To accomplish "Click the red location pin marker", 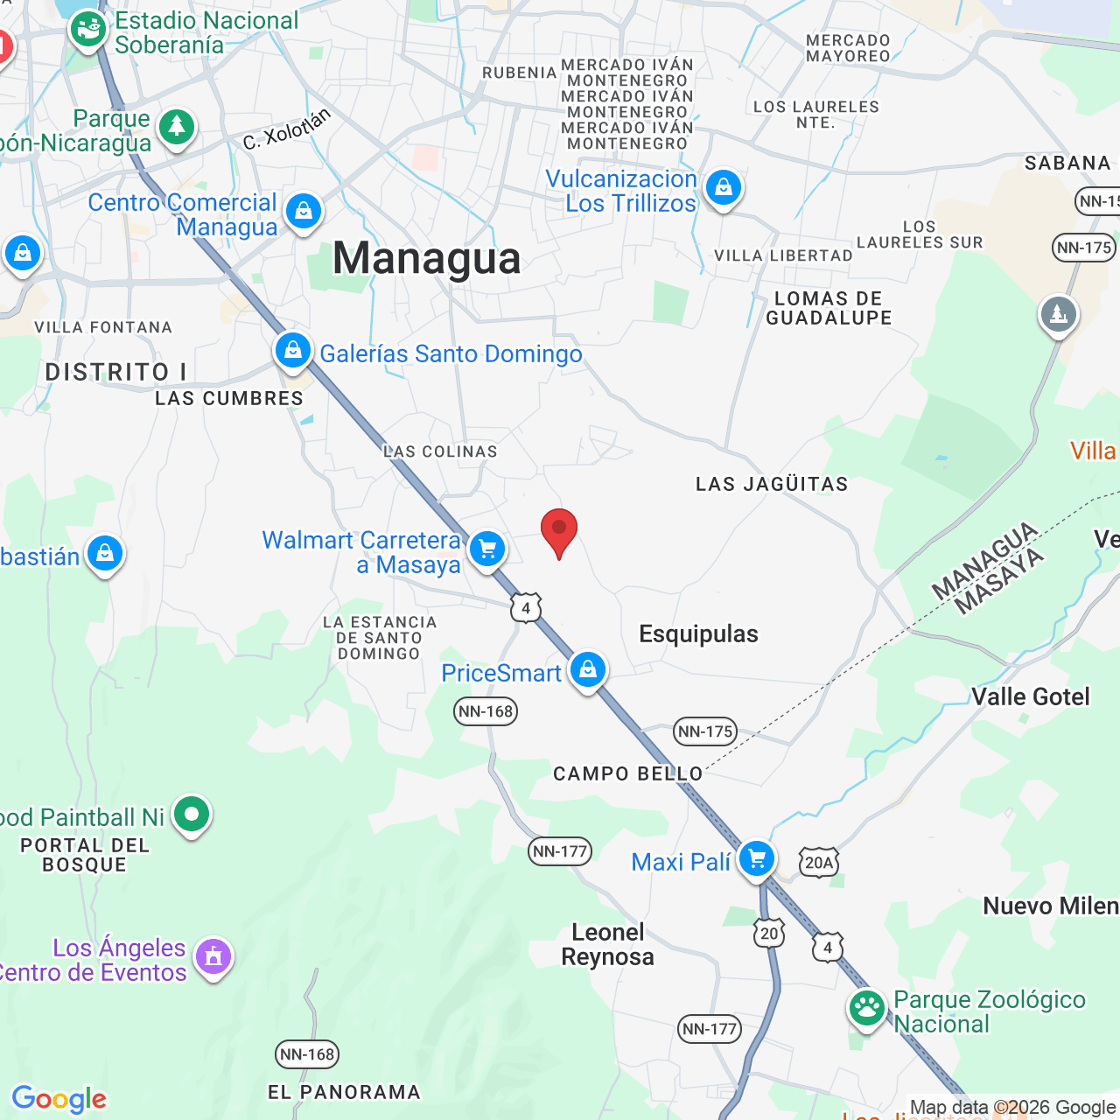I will tap(559, 531).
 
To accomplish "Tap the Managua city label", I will tap(427, 258).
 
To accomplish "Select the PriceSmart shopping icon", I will tap(588, 670).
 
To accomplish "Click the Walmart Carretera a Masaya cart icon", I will tap(487, 549).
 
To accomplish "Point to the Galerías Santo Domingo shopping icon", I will tap(293, 351).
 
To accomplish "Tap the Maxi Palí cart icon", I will tap(757, 858).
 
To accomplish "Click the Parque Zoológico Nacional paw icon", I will tap(867, 1008).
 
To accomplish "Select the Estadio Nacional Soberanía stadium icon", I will tap(88, 30).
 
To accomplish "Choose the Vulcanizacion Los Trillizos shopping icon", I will tap(724, 187).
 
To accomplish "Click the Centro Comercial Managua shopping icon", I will tap(304, 212).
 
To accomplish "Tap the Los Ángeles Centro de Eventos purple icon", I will tap(213, 956).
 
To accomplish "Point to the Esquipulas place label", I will tap(698, 633).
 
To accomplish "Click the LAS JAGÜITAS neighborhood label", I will tap(772, 484).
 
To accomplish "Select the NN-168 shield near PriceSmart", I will tap(486, 711).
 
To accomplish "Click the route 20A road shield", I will tap(819, 863).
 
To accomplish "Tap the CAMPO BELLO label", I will tap(628, 773).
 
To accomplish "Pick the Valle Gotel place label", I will tap(1031, 696).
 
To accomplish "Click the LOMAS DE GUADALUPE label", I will tap(829, 308).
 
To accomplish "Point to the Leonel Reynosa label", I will tap(608, 944).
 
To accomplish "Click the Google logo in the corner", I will tap(59, 1099).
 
